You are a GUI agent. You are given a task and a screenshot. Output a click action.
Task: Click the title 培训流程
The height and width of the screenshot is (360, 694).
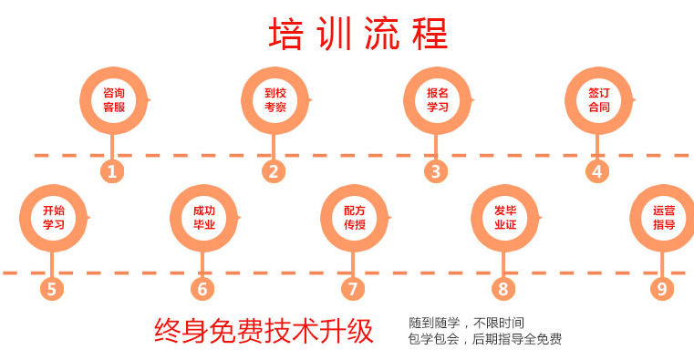tap(358, 35)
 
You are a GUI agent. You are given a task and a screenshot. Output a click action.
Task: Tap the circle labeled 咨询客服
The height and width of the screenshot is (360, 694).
tap(113, 99)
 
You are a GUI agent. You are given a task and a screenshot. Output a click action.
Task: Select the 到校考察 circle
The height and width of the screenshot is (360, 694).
tap(274, 99)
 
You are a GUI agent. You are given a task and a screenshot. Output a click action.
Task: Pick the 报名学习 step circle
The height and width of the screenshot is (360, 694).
tap(437, 99)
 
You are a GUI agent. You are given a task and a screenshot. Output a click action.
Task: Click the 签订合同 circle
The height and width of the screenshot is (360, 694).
tap(598, 99)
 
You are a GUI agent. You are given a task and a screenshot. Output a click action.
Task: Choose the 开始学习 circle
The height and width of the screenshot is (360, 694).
tap(53, 217)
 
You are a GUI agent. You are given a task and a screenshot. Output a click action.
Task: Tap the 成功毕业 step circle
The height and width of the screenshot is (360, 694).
tap(203, 217)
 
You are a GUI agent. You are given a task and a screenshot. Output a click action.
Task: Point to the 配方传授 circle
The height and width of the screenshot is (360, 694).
tap(354, 217)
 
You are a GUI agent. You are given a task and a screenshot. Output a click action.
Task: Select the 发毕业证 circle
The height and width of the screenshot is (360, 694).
tap(504, 217)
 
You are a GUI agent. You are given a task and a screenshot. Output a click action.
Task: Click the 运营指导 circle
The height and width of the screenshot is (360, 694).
tap(663, 217)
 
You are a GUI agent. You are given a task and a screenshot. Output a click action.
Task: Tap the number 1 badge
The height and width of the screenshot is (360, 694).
tap(112, 170)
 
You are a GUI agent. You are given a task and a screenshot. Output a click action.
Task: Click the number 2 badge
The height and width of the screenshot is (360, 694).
tap(274, 170)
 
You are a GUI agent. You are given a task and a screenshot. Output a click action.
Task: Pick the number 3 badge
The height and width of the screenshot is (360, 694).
tap(436, 170)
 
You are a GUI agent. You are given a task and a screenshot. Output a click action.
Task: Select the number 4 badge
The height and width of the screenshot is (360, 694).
tap(597, 170)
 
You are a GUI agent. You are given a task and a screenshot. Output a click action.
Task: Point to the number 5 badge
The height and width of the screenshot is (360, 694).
tap(52, 289)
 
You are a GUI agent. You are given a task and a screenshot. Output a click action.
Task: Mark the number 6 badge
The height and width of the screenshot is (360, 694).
tap(202, 289)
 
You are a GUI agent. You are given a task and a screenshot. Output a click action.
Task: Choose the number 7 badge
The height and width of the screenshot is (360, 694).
tap(353, 289)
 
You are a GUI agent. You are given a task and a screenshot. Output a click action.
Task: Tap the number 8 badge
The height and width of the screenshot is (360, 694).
tap(503, 289)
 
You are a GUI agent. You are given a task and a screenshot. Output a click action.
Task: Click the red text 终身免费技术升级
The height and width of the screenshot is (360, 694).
tap(264, 331)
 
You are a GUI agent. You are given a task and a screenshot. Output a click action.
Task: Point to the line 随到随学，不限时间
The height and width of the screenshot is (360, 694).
tap(466, 323)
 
